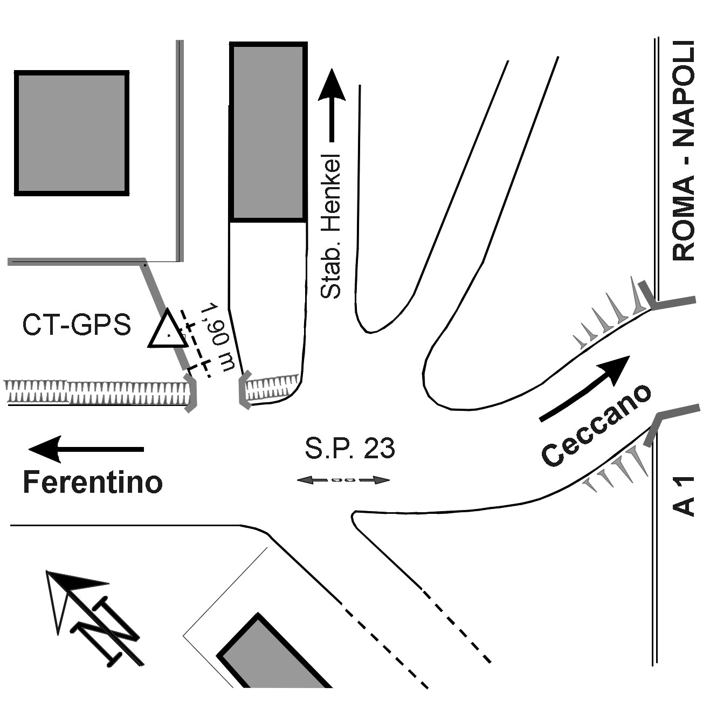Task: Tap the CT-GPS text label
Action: coord(77,325)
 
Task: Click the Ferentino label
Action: coord(92,482)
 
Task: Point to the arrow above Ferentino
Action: coord(86,449)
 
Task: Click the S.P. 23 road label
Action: coord(350,448)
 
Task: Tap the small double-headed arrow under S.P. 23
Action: coord(343,479)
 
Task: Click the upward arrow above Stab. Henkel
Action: coord(332,105)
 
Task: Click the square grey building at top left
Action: coord(72,132)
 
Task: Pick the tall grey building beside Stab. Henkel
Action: coord(268,132)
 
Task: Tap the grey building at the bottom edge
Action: coord(275,658)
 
